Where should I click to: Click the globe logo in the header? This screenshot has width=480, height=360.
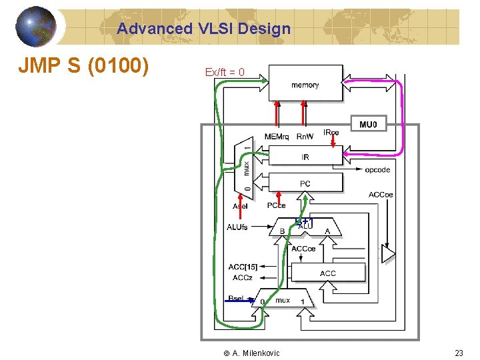(36, 27)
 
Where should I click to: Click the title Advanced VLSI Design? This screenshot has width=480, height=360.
(204, 29)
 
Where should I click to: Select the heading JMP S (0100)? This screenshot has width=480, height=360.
(83, 67)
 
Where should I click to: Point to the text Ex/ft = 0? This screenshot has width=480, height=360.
(225, 72)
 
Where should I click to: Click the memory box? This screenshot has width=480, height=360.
(305, 83)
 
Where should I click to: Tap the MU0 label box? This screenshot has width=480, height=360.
(368, 125)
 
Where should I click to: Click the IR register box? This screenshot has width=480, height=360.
(305, 157)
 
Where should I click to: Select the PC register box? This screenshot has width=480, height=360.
(305, 183)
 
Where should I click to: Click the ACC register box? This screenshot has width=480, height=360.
(327, 273)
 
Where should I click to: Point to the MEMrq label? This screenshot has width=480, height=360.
(277, 137)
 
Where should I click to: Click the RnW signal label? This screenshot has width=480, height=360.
(305, 137)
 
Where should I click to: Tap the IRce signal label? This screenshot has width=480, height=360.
(331, 133)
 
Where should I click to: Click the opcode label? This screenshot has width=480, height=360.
(377, 170)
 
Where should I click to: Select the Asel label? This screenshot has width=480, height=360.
(240, 206)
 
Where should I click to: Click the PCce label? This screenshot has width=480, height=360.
(276, 206)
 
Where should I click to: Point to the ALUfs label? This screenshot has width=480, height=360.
(237, 227)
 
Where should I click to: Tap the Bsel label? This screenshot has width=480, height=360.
(235, 298)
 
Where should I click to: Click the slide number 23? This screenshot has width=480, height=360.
(459, 353)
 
